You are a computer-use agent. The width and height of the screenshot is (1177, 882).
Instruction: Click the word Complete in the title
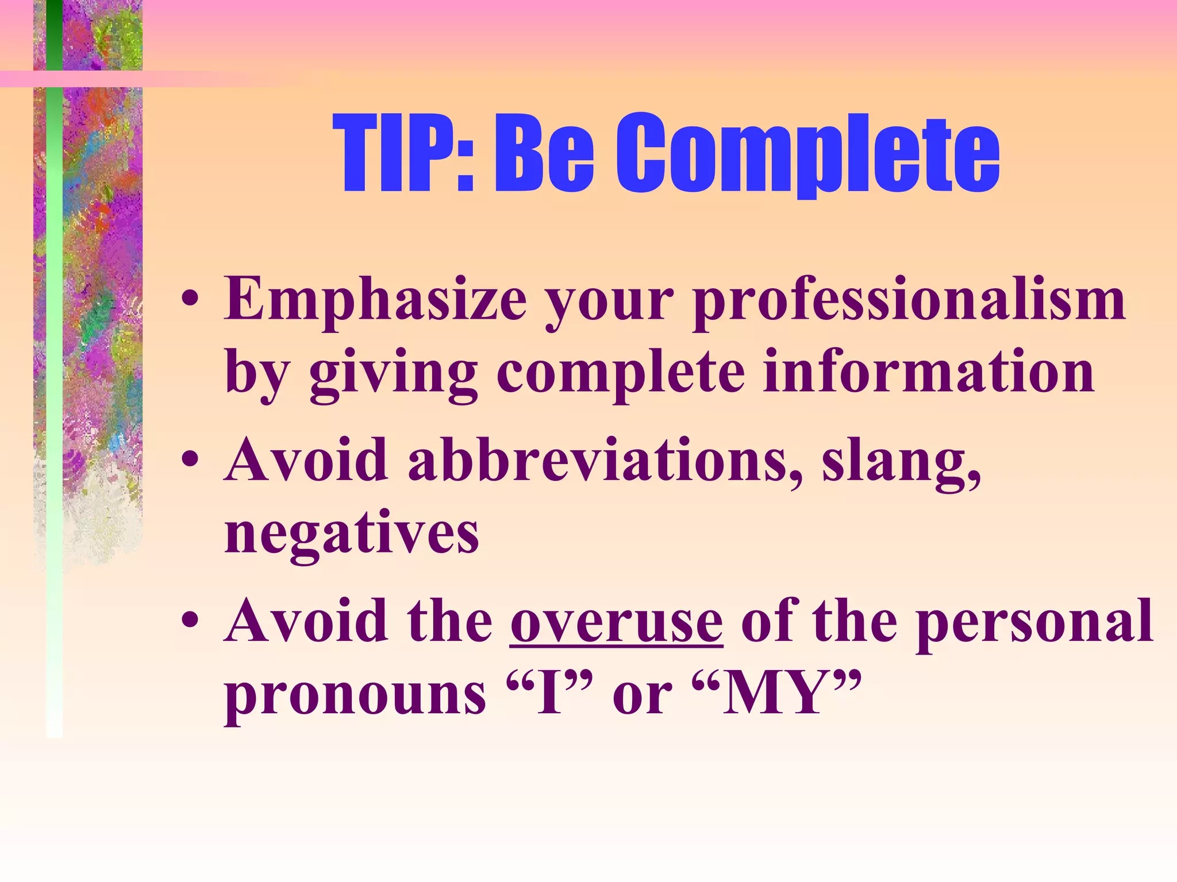(x=807, y=153)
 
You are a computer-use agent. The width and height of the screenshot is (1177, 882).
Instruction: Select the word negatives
(x=352, y=534)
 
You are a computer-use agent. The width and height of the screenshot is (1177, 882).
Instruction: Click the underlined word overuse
(x=616, y=622)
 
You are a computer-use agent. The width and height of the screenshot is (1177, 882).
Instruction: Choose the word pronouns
(x=355, y=696)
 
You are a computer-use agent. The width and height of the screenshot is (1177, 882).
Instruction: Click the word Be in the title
(x=543, y=153)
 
